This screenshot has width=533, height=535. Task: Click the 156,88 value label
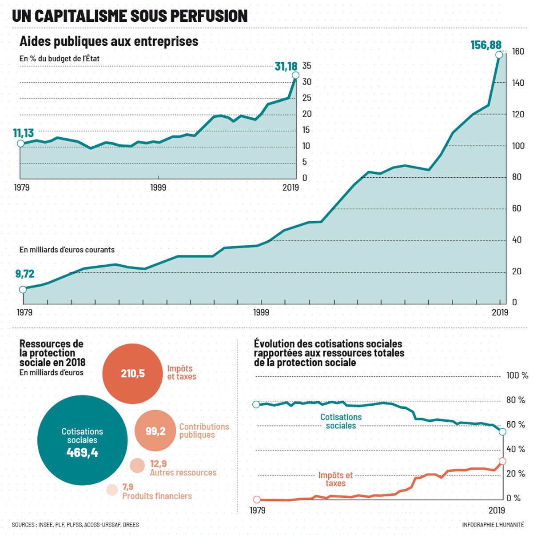[x=486, y=45]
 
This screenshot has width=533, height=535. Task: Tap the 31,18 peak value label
[x=286, y=67]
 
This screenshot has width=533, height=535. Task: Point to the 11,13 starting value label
[x=23, y=133]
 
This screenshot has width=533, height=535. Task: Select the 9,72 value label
[x=25, y=274]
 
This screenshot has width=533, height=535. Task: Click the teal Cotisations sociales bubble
[x=82, y=440]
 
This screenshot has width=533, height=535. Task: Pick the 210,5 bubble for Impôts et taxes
[x=132, y=374]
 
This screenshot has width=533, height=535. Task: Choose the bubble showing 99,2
[x=155, y=431]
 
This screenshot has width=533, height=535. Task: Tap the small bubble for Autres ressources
[x=137, y=465]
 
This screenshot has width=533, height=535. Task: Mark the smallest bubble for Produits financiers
[x=112, y=490]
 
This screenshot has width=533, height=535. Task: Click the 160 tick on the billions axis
[x=518, y=52]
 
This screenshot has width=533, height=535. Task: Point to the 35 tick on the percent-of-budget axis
[x=306, y=66]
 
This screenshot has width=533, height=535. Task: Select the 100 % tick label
[x=517, y=376]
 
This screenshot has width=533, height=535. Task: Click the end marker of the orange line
[x=502, y=461]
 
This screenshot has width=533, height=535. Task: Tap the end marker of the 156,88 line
[x=499, y=55]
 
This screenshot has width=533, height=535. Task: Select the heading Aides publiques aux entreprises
[x=109, y=41]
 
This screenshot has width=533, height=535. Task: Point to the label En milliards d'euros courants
[x=67, y=250]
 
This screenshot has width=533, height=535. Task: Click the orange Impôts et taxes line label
[x=335, y=479]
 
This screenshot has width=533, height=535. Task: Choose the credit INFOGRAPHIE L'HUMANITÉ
[x=493, y=525]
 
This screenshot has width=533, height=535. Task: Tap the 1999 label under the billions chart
[x=261, y=312]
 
